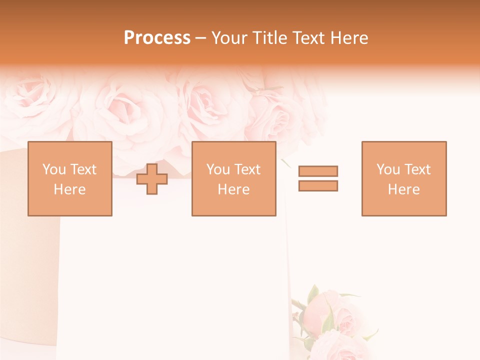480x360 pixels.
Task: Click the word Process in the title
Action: [x=157, y=38]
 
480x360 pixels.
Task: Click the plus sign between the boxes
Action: [x=152, y=179]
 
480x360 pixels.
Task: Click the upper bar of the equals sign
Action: [x=318, y=171]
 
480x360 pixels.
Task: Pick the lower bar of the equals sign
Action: [x=318, y=185]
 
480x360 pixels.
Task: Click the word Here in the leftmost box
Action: [x=70, y=189]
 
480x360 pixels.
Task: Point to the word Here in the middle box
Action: [x=234, y=189]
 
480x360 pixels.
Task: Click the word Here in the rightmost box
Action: [x=404, y=189]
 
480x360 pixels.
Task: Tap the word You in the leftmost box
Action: [x=54, y=169]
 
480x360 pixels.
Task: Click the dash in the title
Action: [x=201, y=38]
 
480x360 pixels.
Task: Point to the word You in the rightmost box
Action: [x=388, y=169]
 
